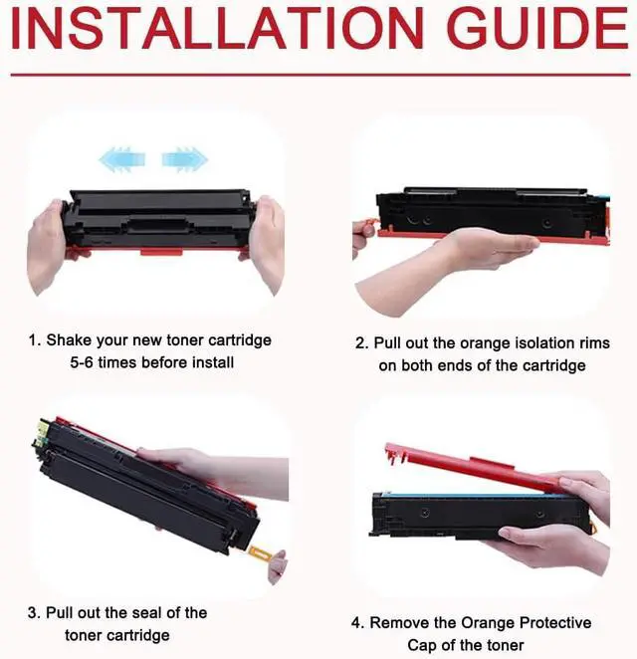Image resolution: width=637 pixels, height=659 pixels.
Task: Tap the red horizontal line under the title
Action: pos(318,75)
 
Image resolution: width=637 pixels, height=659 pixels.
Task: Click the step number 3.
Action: pos(34,612)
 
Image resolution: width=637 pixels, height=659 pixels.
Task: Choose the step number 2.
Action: pos(360,342)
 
